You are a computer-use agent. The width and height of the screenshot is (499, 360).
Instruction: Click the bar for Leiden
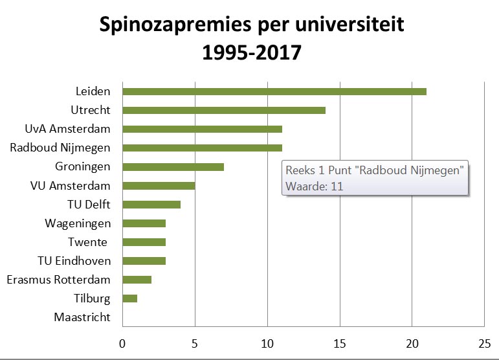(x=274, y=91)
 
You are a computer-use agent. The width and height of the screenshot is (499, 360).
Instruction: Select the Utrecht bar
(x=224, y=110)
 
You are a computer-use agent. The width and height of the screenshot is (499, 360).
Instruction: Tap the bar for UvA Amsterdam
(x=202, y=129)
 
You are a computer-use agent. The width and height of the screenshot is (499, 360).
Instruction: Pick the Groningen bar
(x=173, y=167)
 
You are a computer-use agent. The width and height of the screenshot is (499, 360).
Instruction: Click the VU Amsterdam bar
(x=159, y=186)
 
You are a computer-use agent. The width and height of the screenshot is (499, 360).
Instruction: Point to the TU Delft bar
(x=151, y=205)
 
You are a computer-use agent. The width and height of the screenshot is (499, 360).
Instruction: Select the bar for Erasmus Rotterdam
(x=137, y=280)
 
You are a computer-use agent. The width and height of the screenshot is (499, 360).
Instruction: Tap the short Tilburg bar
(x=129, y=298)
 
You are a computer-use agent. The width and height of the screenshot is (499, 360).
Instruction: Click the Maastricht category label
(x=82, y=318)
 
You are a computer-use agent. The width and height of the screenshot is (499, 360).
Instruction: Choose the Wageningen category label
(x=78, y=223)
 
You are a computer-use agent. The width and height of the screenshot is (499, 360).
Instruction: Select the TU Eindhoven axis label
(x=74, y=261)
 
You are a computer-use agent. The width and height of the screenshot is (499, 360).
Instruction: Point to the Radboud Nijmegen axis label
(x=60, y=148)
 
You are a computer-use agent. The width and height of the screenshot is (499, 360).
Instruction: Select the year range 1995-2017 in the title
(x=252, y=51)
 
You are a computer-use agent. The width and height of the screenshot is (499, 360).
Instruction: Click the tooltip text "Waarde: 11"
(x=314, y=186)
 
